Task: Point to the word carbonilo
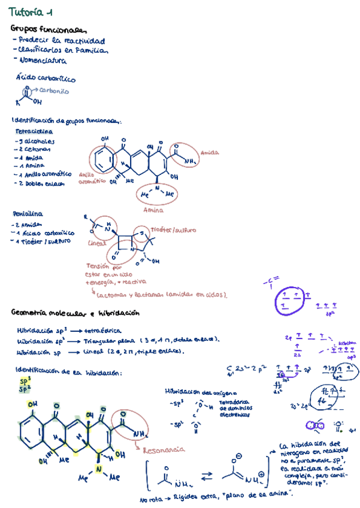[55, 91]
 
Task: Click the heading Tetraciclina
[34, 131]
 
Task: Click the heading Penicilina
[28, 213]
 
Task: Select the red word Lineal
[96, 243]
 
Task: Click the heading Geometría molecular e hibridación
[75, 313]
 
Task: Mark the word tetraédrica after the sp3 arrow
[103, 330]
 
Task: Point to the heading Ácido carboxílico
[46, 78]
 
